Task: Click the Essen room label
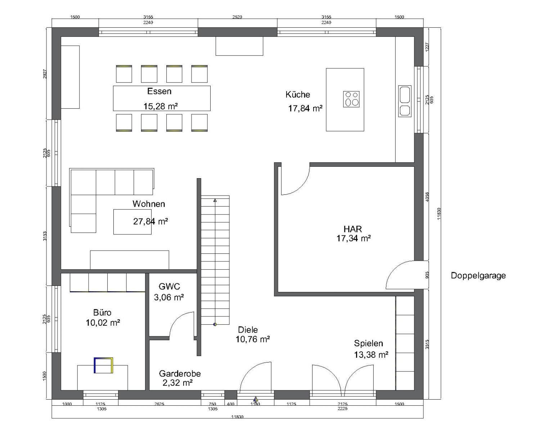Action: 159,91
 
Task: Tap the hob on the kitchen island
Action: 351,99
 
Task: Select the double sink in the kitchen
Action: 405,101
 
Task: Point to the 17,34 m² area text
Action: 354,238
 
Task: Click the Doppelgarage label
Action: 478,276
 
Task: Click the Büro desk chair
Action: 103,365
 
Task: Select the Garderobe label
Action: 180,374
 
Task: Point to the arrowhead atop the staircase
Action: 215,200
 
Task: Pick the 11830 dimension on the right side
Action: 438,213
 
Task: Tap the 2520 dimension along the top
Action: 237,17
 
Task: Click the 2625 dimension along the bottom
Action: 159,404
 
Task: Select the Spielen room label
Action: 368,343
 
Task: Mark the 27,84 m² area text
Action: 150,221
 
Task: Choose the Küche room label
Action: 298,94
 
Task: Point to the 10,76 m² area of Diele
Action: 253,339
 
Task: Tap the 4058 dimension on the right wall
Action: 427,197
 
